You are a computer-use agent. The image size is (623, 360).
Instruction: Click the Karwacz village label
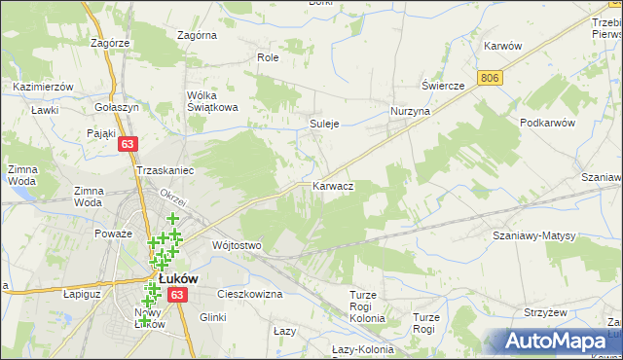tap(333, 185)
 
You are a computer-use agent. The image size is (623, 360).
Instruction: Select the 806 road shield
tap(491, 77)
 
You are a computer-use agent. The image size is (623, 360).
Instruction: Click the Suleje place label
tap(324, 124)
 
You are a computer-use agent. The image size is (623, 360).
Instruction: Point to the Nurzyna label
tap(410, 112)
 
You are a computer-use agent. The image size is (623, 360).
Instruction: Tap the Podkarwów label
tap(549, 123)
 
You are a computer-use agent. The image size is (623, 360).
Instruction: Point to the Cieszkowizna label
tap(250, 293)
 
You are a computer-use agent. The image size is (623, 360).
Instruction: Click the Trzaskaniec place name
tap(165, 170)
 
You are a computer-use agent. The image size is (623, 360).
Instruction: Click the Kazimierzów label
tap(44, 87)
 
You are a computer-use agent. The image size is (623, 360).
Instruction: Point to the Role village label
tap(268, 58)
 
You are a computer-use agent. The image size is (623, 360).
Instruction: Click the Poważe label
tap(113, 234)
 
